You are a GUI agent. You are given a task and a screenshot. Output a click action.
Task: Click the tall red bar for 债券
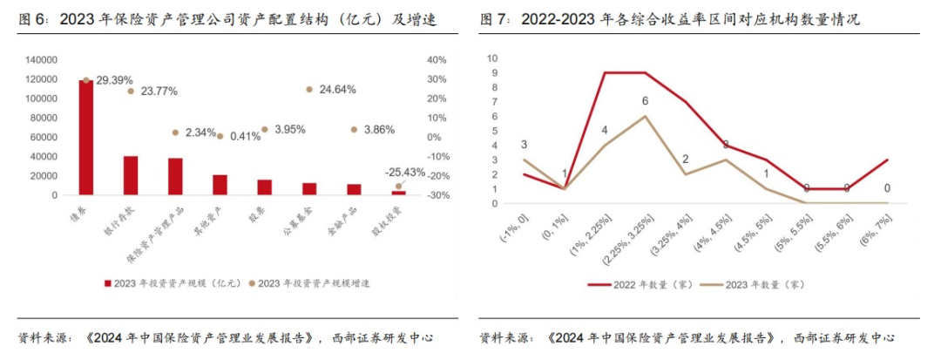tap(85, 137)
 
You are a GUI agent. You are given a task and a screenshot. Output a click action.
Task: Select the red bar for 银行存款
tap(131, 175)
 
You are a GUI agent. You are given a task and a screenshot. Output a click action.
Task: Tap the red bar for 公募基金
tap(309, 188)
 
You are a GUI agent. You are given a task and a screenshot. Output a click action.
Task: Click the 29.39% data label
tap(114, 80)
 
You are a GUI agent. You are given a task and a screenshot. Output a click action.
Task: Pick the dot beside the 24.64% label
tap(309, 90)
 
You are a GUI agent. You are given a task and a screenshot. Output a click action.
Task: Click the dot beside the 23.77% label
tap(131, 91)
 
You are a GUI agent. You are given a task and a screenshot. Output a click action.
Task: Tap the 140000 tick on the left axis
tap(41, 60)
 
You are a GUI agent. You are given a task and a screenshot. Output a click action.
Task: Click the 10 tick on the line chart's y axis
tap(493, 58)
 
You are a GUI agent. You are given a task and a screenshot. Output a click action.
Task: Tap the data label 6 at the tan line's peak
tap(645, 101)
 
